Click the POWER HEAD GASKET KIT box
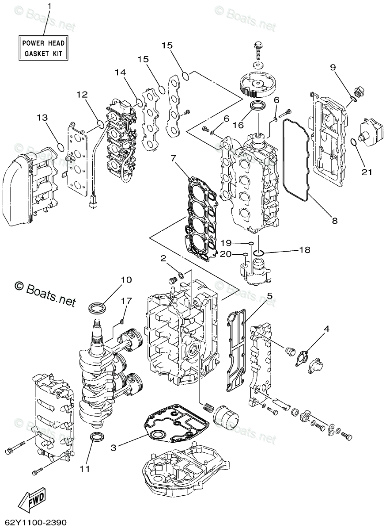click(43, 49)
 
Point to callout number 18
click(305, 250)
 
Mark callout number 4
click(327, 329)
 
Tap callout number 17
click(126, 301)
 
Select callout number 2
click(163, 258)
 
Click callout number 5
click(269, 295)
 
